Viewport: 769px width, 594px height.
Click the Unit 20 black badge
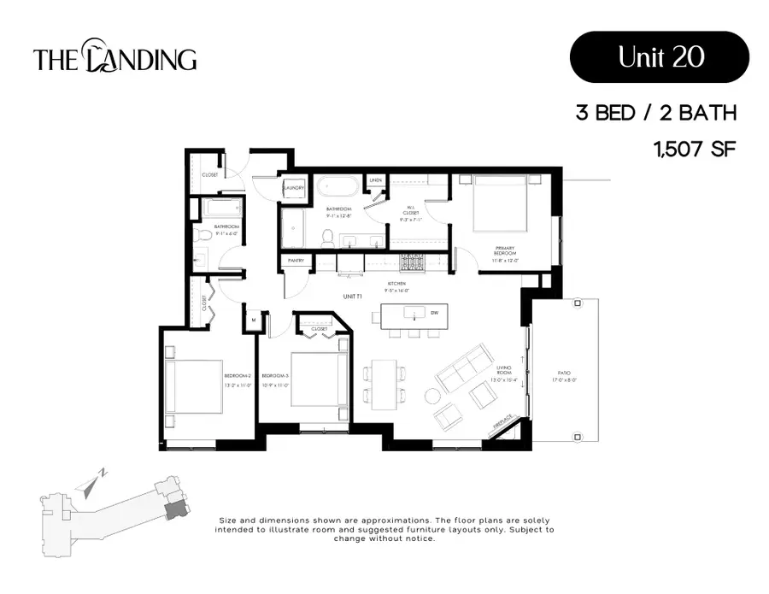pyautogui.click(x=659, y=56)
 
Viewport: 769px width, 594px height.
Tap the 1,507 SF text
pyautogui.click(x=694, y=150)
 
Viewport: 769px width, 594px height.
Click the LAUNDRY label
pyautogui.click(x=295, y=188)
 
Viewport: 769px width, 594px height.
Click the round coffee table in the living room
pyautogui.click(x=433, y=396)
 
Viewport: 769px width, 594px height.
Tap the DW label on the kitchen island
pyautogui.click(x=435, y=313)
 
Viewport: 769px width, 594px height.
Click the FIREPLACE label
pyautogui.click(x=504, y=423)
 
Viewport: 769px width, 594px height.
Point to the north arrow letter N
pyautogui.click(x=102, y=473)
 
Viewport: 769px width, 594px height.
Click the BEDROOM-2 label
pyautogui.click(x=237, y=376)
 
